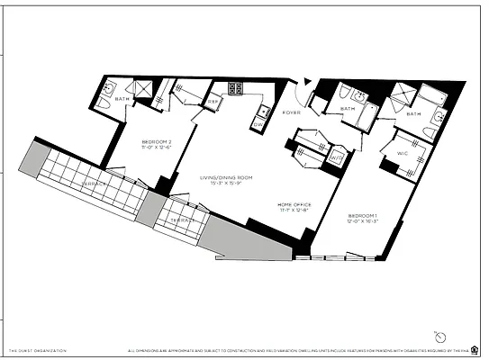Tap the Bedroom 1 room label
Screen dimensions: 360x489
[363, 218]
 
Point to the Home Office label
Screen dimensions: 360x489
[294, 207]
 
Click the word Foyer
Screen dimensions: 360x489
[291, 112]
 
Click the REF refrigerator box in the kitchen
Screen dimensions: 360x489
[213, 103]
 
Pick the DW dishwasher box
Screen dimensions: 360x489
[260, 124]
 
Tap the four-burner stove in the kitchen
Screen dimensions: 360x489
[237, 88]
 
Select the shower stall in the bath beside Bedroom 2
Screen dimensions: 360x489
[140, 88]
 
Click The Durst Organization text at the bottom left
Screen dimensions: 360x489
[37, 351]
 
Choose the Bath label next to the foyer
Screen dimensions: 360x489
[347, 110]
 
